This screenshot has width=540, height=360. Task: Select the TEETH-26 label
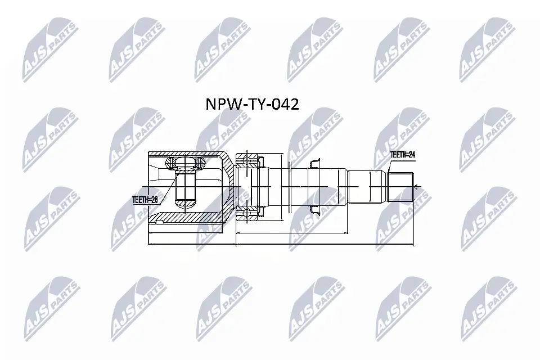coord(144,198)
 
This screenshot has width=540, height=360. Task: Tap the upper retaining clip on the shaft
coord(314,163)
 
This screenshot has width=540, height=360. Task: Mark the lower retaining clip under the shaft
coord(314,210)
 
